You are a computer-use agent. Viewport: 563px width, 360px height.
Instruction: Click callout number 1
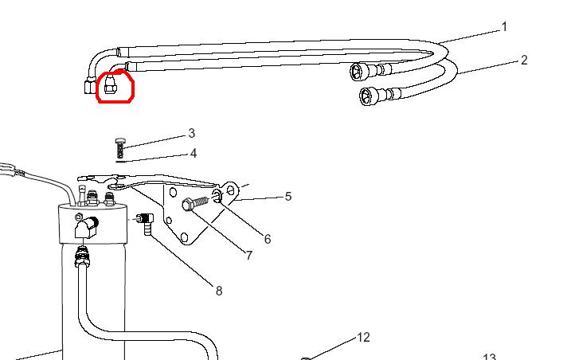tap(504, 27)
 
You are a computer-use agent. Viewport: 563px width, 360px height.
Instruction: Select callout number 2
tap(524, 60)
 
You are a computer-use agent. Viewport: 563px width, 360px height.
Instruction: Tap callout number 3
tap(191, 133)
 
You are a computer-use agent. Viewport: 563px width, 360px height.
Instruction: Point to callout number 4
tap(193, 153)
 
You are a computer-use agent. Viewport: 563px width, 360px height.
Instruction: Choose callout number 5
tap(288, 196)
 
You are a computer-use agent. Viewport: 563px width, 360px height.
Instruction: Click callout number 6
tap(268, 238)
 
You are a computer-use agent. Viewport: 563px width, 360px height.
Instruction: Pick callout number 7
tap(248, 256)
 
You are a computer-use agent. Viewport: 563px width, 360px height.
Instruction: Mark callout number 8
tap(219, 291)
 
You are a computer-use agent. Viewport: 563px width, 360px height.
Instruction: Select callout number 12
tap(363, 338)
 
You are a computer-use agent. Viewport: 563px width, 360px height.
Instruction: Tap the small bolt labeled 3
tap(120, 147)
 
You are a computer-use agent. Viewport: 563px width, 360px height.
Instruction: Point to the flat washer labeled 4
tap(120, 159)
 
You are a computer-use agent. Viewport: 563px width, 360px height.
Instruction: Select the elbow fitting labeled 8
tap(146, 222)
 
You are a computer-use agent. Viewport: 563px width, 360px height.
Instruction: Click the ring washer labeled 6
tap(217, 196)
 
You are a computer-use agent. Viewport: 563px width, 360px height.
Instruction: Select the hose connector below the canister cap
tap(80, 256)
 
